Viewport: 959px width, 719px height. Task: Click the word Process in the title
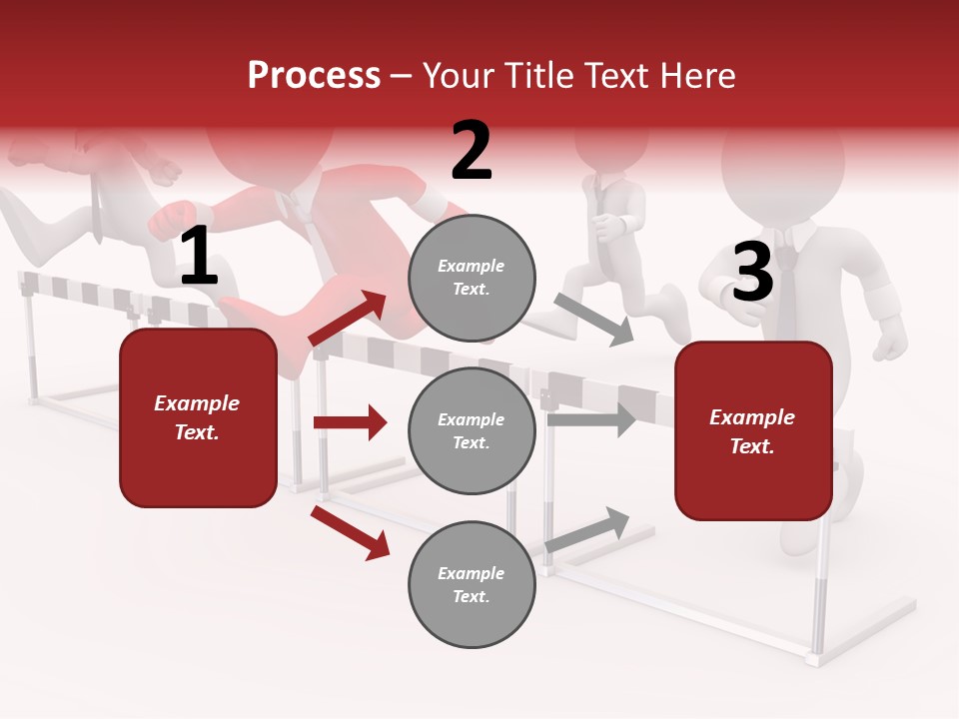click(x=314, y=76)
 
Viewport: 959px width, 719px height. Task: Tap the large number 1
click(x=199, y=257)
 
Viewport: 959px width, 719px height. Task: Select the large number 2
click(x=472, y=151)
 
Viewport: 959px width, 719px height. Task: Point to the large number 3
click(x=753, y=273)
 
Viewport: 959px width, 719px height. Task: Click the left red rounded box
click(x=198, y=417)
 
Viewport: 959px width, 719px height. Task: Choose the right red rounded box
click(x=753, y=431)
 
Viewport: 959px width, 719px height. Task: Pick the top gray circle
click(x=472, y=278)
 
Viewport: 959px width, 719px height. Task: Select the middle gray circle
click(x=472, y=431)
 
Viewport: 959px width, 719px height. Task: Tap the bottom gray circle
click(x=472, y=585)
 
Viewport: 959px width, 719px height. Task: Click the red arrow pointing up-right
click(x=349, y=319)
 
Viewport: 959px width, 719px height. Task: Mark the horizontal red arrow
click(x=350, y=422)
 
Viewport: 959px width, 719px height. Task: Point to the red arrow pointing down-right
click(x=350, y=532)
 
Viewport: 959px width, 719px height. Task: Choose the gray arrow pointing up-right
click(x=588, y=529)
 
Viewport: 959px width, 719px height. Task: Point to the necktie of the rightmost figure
click(x=786, y=290)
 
